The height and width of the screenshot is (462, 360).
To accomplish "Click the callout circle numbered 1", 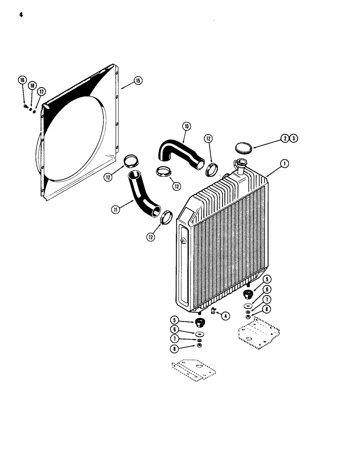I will pos(284,163).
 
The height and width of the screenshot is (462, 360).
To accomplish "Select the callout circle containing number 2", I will pos(284,138).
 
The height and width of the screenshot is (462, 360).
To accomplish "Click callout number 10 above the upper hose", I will pos(186,126).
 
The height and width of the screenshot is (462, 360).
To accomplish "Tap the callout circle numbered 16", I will pos(22,80).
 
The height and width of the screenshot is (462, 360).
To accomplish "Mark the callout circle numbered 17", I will pos(41,92).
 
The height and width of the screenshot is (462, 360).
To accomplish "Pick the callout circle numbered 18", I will pos(32,86).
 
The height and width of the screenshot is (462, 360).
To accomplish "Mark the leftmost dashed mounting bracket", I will pos(192,370).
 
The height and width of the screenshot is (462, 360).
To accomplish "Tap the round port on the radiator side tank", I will pos(184,240).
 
